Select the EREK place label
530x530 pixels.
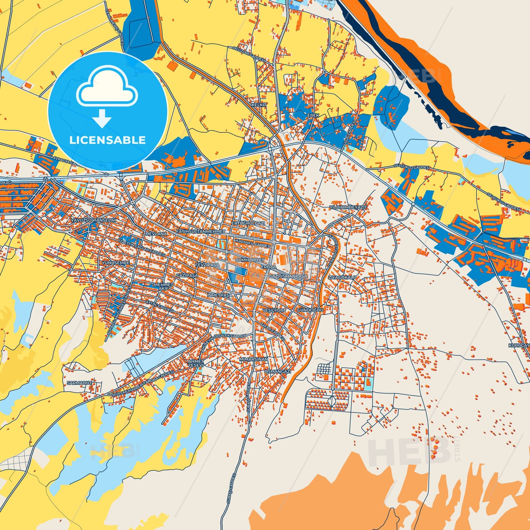[x=313, y=115]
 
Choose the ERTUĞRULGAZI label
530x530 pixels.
[x=249, y=223]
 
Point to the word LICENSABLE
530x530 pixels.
[x=107, y=140]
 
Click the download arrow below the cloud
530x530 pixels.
[x=102, y=118]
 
